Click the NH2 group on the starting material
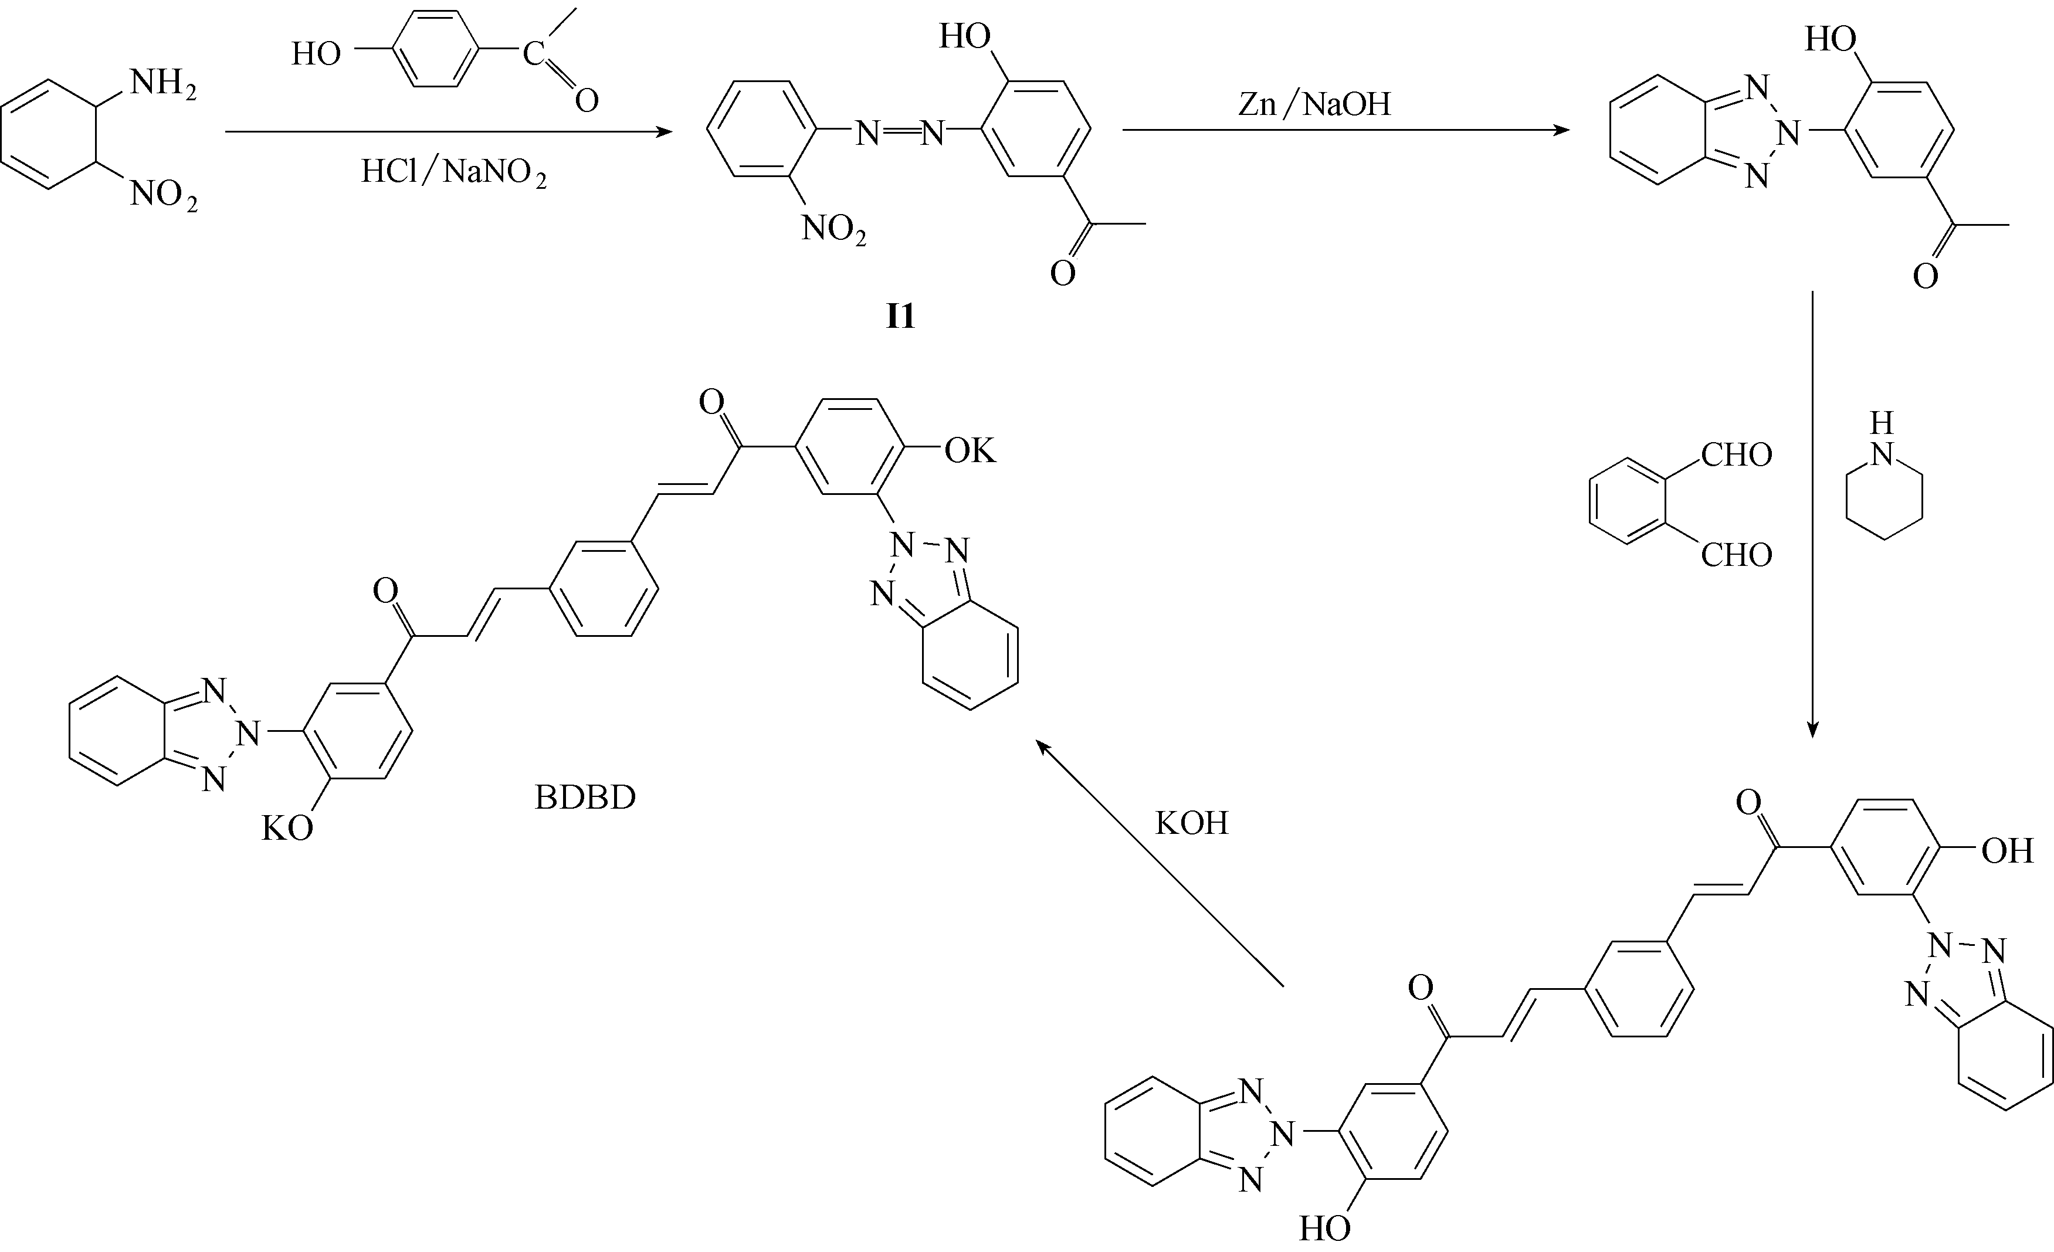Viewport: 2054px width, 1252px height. tap(164, 85)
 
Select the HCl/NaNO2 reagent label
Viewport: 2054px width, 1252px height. tap(453, 172)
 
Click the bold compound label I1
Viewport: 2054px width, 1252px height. tap(900, 317)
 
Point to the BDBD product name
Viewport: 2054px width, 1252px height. tap(585, 798)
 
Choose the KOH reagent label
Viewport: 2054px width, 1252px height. tap(1191, 823)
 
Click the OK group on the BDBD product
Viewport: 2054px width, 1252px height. tap(970, 451)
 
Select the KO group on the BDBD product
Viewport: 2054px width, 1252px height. tap(287, 829)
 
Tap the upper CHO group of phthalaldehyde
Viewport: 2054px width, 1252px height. tap(1736, 455)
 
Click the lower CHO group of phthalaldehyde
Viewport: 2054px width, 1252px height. tap(1736, 555)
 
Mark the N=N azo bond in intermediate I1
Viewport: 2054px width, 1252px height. tap(900, 132)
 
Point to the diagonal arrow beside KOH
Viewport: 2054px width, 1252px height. tap(1160, 864)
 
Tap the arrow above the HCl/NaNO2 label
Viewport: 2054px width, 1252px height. tap(449, 132)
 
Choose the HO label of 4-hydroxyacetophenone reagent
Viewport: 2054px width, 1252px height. tap(316, 54)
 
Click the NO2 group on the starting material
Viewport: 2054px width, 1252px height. tap(164, 195)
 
